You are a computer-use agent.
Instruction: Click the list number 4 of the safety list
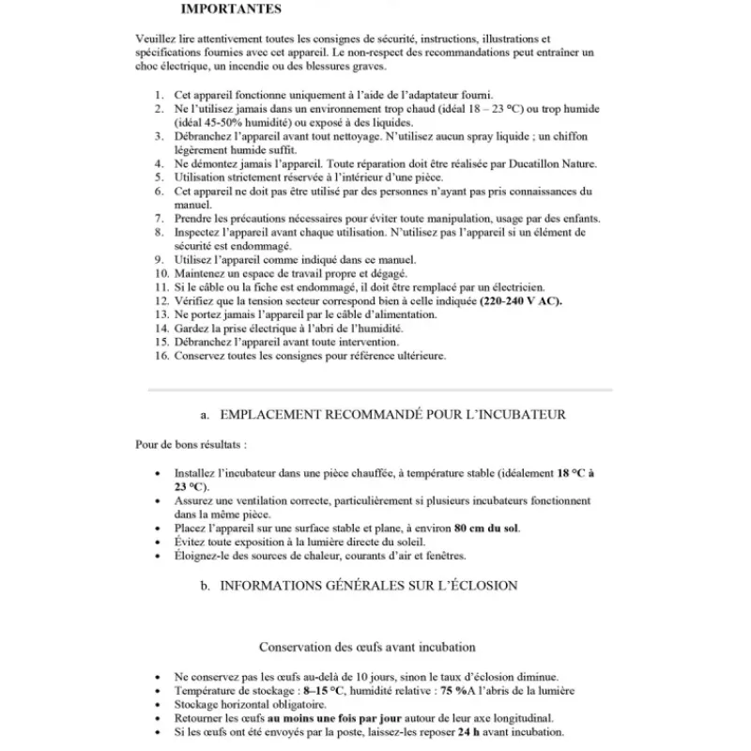[x=159, y=163]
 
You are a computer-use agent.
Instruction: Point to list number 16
[x=161, y=356]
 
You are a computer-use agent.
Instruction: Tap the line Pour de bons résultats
[x=192, y=443]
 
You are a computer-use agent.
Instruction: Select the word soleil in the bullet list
[x=407, y=542]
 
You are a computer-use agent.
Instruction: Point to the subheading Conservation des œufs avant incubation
[x=367, y=647]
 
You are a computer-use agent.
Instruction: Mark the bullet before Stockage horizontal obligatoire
[x=157, y=704]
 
